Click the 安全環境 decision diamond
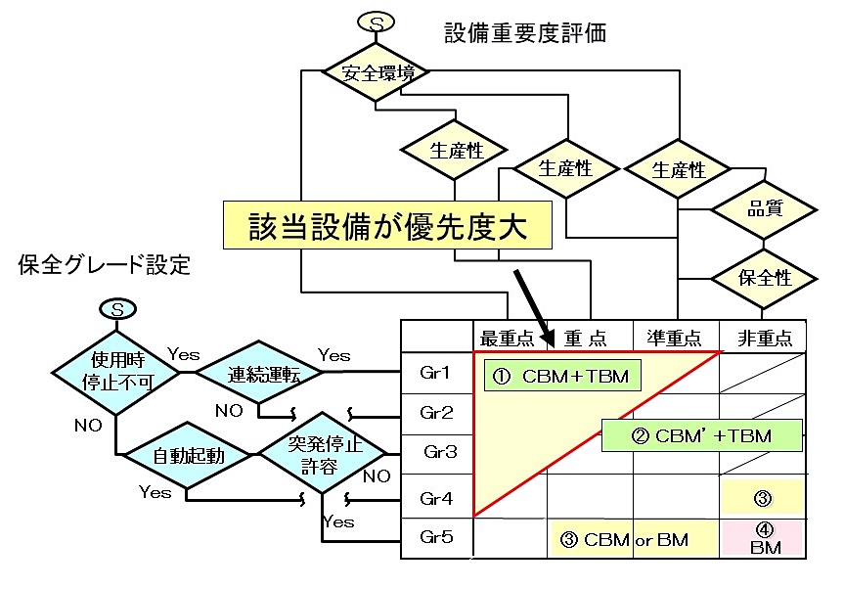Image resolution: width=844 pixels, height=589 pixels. (377, 72)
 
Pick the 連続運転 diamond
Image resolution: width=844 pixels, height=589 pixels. (252, 373)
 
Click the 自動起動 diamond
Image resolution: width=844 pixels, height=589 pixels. (188, 455)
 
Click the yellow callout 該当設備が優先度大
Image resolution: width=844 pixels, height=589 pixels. (386, 225)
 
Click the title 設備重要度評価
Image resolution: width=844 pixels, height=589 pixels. (525, 32)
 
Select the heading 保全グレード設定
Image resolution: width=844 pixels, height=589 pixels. (105, 264)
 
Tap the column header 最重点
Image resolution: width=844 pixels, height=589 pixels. (509, 338)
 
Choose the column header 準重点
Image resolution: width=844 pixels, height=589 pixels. (675, 338)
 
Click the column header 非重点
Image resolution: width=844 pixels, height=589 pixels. (763, 338)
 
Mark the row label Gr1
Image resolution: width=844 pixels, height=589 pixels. (436, 374)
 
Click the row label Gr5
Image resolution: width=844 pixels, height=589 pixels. (436, 537)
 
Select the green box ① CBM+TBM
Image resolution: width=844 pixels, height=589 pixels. (560, 376)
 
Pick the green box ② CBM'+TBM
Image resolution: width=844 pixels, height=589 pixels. (701, 435)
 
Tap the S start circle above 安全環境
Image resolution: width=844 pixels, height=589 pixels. (377, 21)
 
